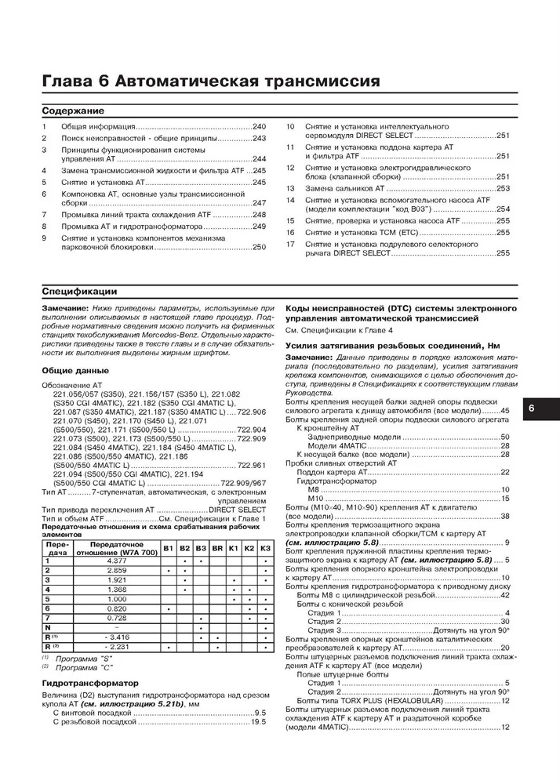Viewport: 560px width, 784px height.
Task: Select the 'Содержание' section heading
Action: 73,111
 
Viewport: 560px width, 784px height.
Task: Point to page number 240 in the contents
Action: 260,126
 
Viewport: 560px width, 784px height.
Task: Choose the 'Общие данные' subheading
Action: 75,370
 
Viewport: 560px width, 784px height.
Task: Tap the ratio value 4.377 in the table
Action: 116,561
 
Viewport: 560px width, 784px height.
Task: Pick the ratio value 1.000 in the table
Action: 116,598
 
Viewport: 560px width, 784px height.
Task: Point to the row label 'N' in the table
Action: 48,627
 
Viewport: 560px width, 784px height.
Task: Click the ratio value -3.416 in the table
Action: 116,637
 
